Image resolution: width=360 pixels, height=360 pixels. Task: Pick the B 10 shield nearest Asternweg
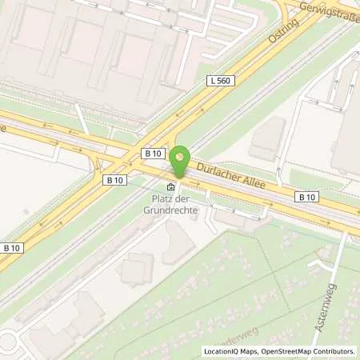[x=306, y=197]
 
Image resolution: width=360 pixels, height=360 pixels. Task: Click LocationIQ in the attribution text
[x=222, y=350]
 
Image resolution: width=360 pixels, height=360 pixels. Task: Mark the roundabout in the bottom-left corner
[x=6, y=342]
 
